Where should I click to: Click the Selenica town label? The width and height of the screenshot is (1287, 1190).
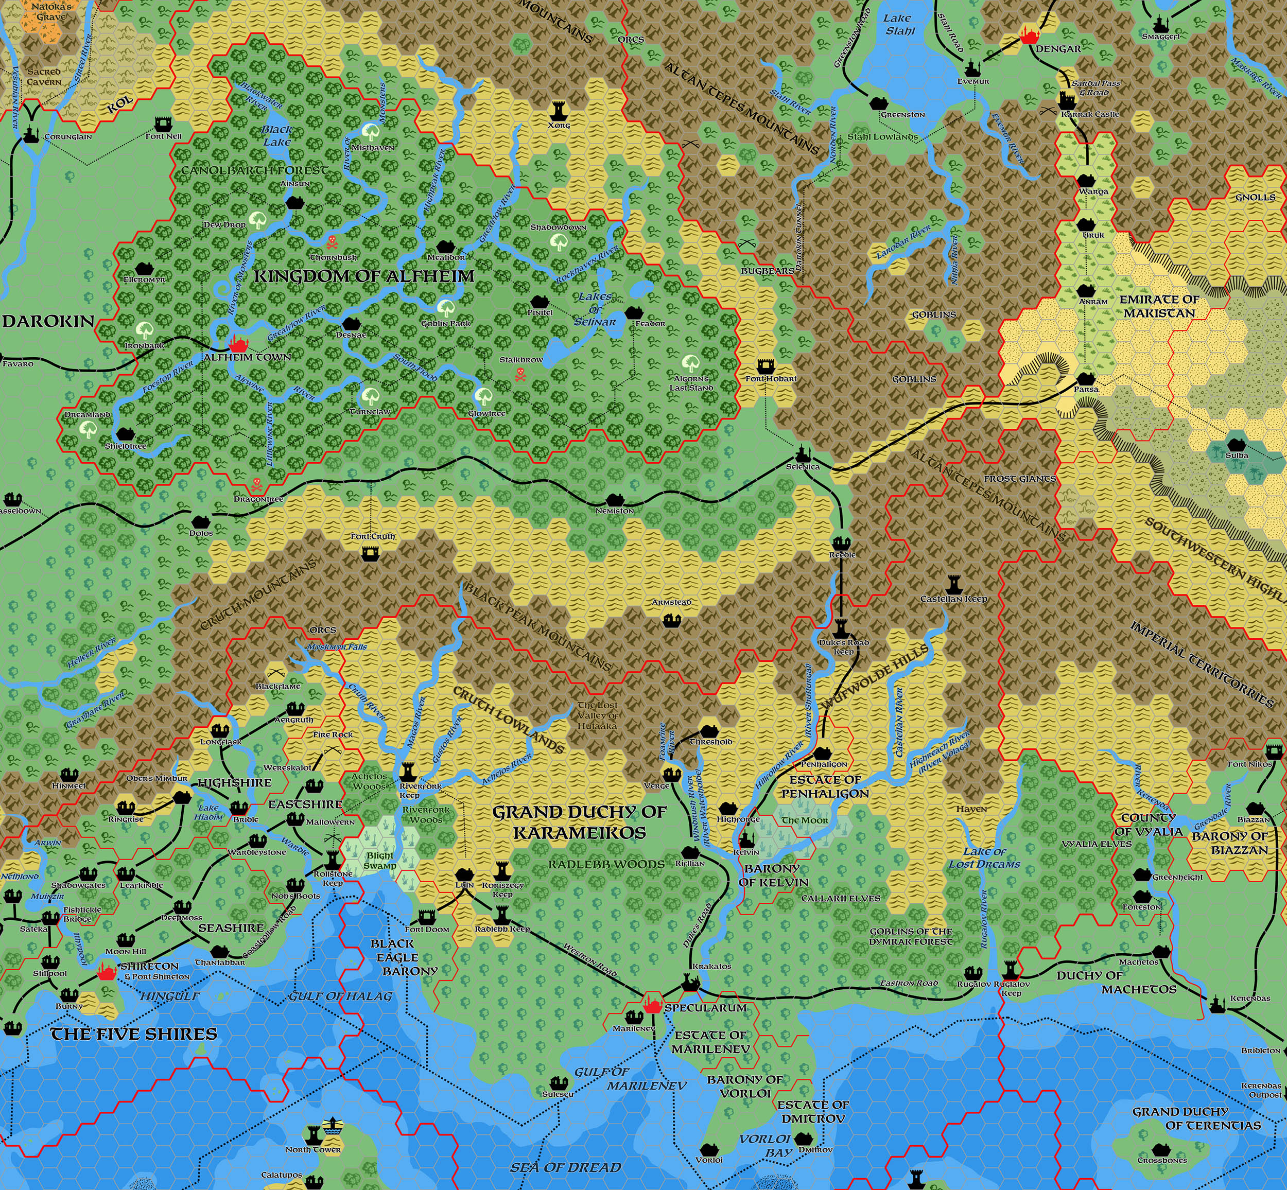click(x=803, y=466)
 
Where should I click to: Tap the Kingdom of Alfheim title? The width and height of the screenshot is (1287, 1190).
click(x=364, y=276)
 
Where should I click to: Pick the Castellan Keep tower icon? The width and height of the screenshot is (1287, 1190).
click(x=954, y=584)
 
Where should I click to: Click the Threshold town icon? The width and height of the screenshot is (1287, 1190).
click(x=710, y=730)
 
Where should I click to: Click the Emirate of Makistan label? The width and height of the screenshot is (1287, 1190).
click(x=1159, y=306)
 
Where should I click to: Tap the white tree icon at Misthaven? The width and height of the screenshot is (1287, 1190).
click(x=370, y=132)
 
